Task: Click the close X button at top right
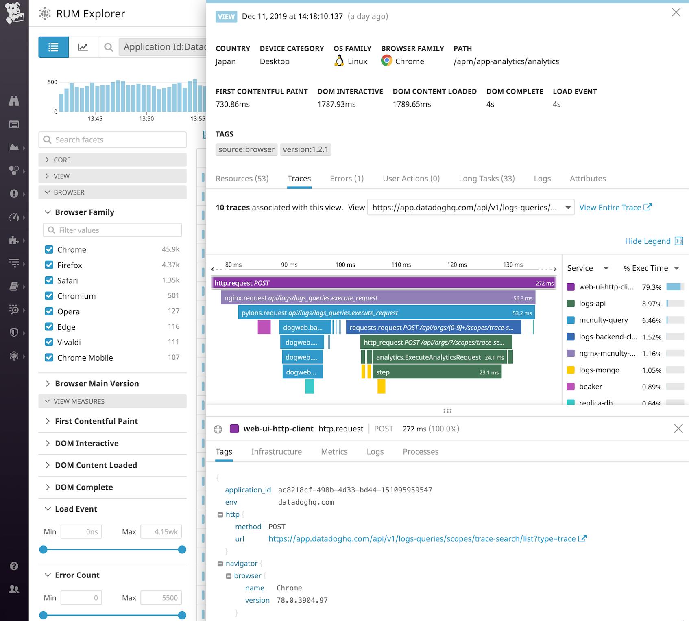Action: tap(676, 13)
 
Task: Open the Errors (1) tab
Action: tap(347, 179)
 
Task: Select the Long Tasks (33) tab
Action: tap(486, 179)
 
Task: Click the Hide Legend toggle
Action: tap(653, 241)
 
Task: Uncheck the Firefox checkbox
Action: tap(49, 265)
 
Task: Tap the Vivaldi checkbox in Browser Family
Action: tap(49, 342)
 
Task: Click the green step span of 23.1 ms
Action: tap(435, 372)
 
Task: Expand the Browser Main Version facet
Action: tap(96, 383)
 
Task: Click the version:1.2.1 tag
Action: tap(305, 149)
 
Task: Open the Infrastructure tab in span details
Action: tap(276, 452)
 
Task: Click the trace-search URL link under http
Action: tap(422, 539)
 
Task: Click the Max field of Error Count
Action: tap(161, 598)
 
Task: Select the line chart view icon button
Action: tap(83, 47)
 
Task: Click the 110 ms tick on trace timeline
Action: tap(401, 265)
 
